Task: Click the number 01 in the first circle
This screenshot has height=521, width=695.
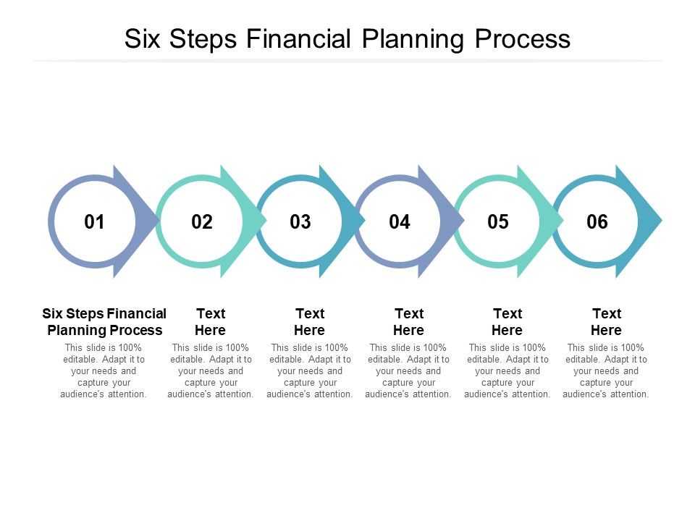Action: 95,222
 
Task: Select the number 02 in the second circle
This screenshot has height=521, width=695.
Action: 202,222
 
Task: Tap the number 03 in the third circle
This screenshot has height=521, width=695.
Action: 300,222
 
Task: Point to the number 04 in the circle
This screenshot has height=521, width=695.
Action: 400,222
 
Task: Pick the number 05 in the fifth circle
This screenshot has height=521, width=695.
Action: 498,222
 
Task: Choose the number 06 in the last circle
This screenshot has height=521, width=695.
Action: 597,222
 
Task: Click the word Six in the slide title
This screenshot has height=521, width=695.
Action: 143,39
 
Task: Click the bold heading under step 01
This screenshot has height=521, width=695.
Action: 104,322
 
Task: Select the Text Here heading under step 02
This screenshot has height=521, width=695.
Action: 211,322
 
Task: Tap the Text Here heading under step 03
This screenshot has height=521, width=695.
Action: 310,322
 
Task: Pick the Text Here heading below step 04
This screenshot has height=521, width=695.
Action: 408,322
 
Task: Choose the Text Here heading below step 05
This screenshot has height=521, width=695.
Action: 507,322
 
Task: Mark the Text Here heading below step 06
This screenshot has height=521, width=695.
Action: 606,322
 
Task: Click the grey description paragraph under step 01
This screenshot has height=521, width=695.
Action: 104,371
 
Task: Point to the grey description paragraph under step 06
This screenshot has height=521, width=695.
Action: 606,371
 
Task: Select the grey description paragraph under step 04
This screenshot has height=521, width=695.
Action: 408,371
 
